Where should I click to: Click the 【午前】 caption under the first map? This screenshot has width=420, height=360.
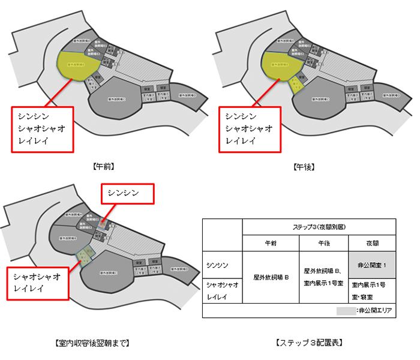pos(104,167)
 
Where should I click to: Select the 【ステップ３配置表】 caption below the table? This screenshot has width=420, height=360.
pos(309,343)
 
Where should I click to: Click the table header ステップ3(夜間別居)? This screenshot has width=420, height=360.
pos(319,227)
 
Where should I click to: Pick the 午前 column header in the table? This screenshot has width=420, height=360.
pos(272,244)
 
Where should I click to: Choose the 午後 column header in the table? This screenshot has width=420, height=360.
pos(323,244)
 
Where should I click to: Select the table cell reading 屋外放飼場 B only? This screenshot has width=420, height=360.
pos(272,278)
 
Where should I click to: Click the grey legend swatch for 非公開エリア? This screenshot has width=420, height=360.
pos(345,311)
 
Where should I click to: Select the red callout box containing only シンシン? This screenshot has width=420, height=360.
pos(127,194)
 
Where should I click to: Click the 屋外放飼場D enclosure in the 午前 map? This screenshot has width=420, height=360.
pos(185,94)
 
